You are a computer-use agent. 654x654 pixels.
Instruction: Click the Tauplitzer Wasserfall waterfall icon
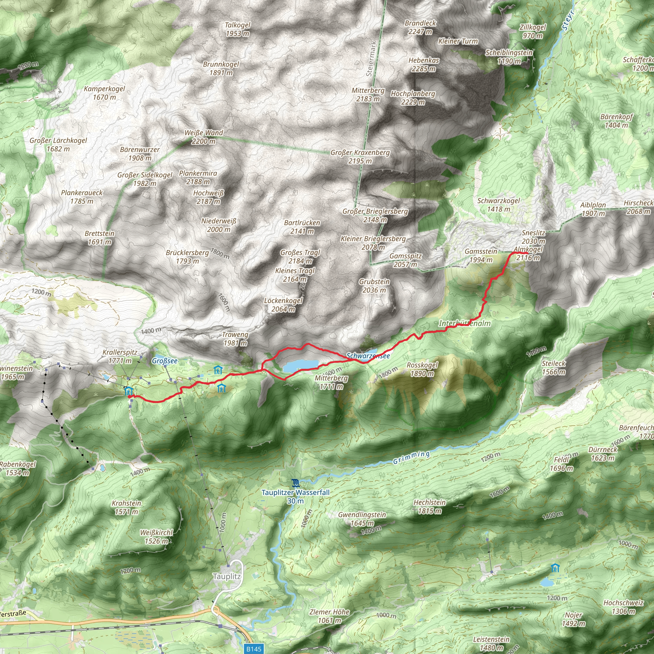point(295,483)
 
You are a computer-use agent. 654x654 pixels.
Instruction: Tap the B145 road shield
point(254,649)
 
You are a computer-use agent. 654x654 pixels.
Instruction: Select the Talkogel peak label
point(238,29)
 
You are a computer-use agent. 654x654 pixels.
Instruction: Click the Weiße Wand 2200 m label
point(203,137)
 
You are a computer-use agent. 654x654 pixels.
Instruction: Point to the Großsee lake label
point(164,361)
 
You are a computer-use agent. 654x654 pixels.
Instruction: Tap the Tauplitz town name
point(227,576)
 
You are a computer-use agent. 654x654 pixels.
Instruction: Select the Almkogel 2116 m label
point(528,254)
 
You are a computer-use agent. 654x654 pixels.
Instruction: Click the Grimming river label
point(411,458)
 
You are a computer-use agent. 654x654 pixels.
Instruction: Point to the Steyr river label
point(568,21)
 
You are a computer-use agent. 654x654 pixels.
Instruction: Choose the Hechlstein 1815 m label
point(430,506)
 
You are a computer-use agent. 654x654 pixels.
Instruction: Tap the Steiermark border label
point(371,59)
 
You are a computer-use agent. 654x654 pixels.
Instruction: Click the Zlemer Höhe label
point(329,616)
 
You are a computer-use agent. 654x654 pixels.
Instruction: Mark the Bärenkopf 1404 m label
point(616,121)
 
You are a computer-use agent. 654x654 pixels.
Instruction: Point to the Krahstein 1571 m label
point(126,507)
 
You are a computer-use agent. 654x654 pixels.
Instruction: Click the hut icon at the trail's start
point(128,391)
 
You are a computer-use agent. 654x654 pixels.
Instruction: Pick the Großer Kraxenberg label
point(360,157)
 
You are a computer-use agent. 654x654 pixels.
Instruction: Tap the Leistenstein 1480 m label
point(491,643)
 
